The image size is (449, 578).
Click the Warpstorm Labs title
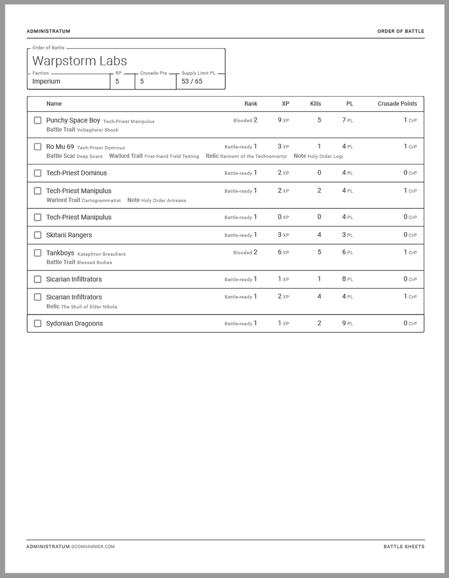(79, 61)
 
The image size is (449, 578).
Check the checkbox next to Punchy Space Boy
(38, 120)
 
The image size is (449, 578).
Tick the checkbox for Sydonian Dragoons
(38, 324)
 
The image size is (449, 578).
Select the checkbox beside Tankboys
(38, 253)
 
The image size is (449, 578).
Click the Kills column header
(315, 104)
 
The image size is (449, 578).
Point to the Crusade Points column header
(397, 104)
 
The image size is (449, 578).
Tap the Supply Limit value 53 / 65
(192, 82)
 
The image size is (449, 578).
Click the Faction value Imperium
(46, 82)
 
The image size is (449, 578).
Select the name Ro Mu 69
(60, 147)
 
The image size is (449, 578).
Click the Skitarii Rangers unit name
(69, 235)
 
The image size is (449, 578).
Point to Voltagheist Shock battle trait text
(98, 130)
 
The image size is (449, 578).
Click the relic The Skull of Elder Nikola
(89, 307)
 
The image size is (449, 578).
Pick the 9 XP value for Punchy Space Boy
(283, 120)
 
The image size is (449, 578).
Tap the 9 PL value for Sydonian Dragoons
(347, 324)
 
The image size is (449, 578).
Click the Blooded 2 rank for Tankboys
(245, 253)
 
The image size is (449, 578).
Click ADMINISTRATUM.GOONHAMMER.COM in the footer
(70, 546)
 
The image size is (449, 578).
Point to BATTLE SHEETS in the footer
(404, 546)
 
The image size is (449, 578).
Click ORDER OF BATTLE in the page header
(400, 32)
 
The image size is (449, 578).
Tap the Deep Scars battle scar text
(89, 156)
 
